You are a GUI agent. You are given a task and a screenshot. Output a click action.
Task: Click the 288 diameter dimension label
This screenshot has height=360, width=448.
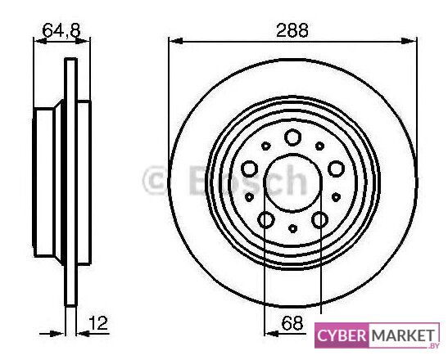pos(292,30)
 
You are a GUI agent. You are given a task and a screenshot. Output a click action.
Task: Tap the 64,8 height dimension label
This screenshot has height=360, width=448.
pos(61,30)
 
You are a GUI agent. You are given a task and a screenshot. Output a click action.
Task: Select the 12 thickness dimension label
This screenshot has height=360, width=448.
pos(98,323)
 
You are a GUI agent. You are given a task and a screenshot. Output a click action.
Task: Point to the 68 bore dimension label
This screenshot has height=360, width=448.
pos(292,323)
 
